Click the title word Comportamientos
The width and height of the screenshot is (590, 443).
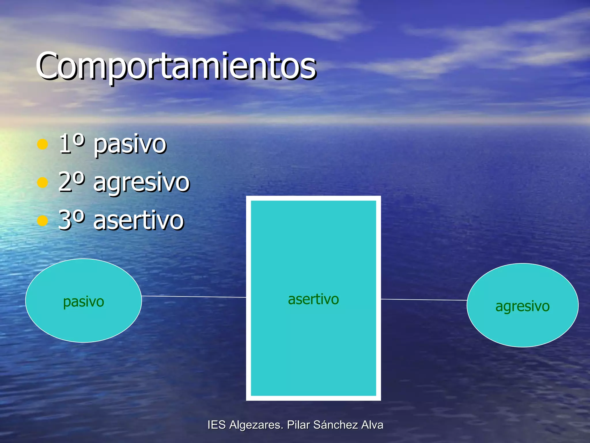coord(176,66)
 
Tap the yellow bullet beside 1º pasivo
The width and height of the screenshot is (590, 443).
coord(43,144)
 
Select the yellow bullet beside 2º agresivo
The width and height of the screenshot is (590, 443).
coord(43,182)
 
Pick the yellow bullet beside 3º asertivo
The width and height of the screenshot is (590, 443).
coord(43,221)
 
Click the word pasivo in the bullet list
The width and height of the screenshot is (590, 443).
coord(130,145)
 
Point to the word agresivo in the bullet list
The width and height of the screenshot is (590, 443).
coord(141,183)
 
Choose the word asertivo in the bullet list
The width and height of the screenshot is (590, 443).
coord(139,221)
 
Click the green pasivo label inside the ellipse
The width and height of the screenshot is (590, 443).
coord(84,302)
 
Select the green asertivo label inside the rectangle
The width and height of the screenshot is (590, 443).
coord(313,299)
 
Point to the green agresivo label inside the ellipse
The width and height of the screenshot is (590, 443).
coord(522,306)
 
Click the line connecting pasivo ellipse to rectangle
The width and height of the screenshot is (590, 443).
coord(194,296)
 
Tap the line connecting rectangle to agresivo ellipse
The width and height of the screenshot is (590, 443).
coord(423,300)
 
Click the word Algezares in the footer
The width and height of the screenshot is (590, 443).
coord(256,425)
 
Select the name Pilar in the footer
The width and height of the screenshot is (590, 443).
coord(298,425)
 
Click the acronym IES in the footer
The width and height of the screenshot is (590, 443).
coord(216,425)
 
